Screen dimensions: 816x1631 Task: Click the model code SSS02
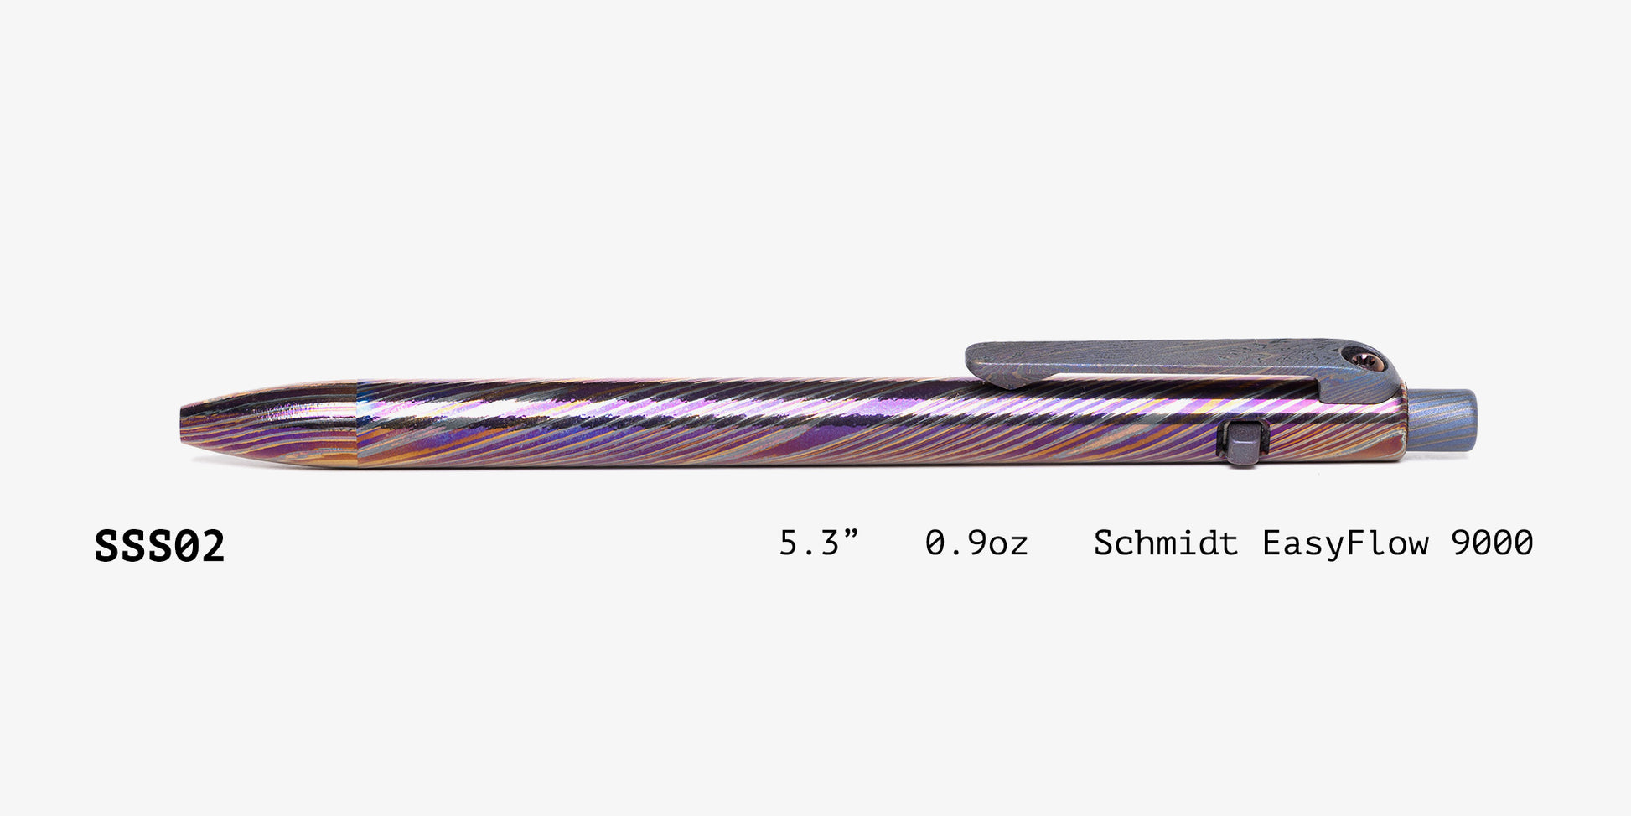click(159, 546)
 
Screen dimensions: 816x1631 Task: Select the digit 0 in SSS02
click(186, 546)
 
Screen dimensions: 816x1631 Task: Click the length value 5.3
click(809, 543)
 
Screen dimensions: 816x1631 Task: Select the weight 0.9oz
click(976, 543)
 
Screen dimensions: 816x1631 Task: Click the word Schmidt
click(1165, 543)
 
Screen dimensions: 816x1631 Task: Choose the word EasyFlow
click(1345, 543)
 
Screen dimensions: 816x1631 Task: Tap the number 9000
click(1492, 543)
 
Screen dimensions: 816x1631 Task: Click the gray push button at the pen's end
click(1443, 420)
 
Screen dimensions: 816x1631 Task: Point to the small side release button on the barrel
click(1243, 441)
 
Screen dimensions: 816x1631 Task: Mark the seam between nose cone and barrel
click(358, 422)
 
